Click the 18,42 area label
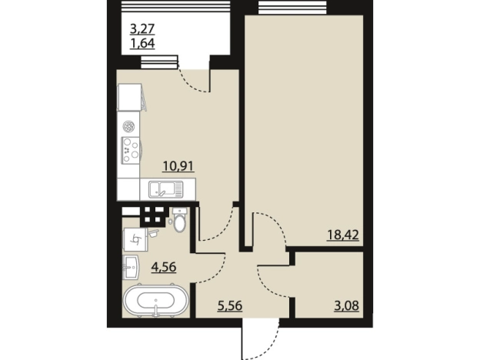point(343,235)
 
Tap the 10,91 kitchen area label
point(178,166)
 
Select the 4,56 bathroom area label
point(164,267)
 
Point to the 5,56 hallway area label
point(230,306)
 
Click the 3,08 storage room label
point(346,306)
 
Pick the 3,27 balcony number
point(142,29)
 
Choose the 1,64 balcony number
point(142,44)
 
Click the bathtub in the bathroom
point(155,300)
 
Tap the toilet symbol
point(179,220)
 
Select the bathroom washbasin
point(131,268)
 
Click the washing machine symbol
point(135,239)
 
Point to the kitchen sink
point(166,189)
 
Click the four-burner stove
point(132,150)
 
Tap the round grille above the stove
point(128,126)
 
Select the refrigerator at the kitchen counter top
point(130,98)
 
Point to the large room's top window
point(292,7)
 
